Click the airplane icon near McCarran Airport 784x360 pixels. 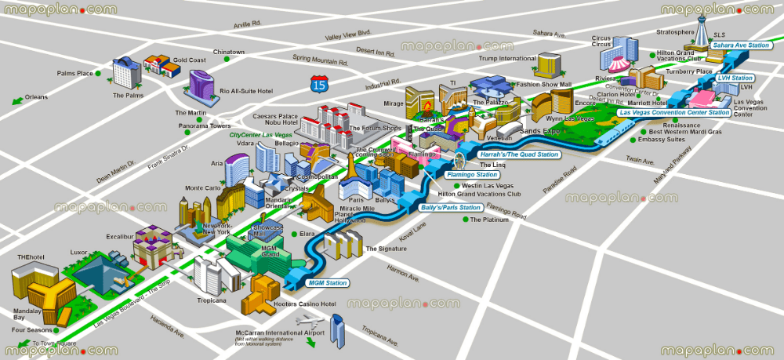pyautogui.click(x=310, y=322)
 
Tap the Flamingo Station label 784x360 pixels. pyautogui.click(x=473, y=175)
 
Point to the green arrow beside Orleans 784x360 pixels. pyautogui.click(x=16, y=100)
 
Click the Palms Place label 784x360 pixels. pyautogui.click(x=75, y=74)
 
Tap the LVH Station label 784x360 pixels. pyautogui.click(x=735, y=78)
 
